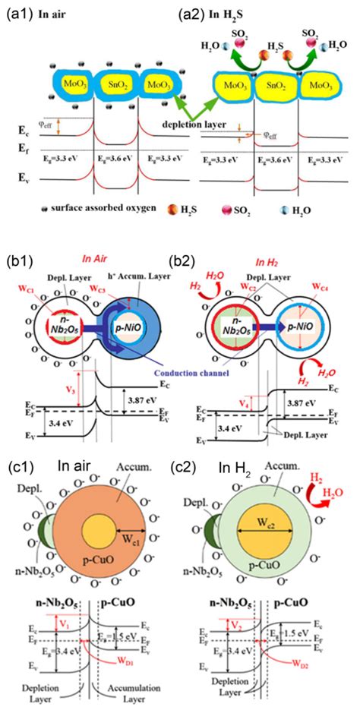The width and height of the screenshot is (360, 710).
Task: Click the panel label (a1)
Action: pos(17,11)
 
